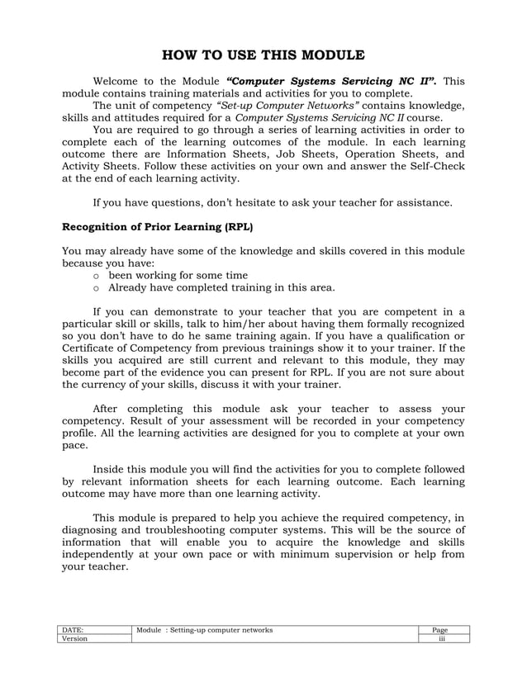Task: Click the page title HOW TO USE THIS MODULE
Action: pos(263,56)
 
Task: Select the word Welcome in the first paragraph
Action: pos(119,82)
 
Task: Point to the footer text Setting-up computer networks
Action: pos(223,631)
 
